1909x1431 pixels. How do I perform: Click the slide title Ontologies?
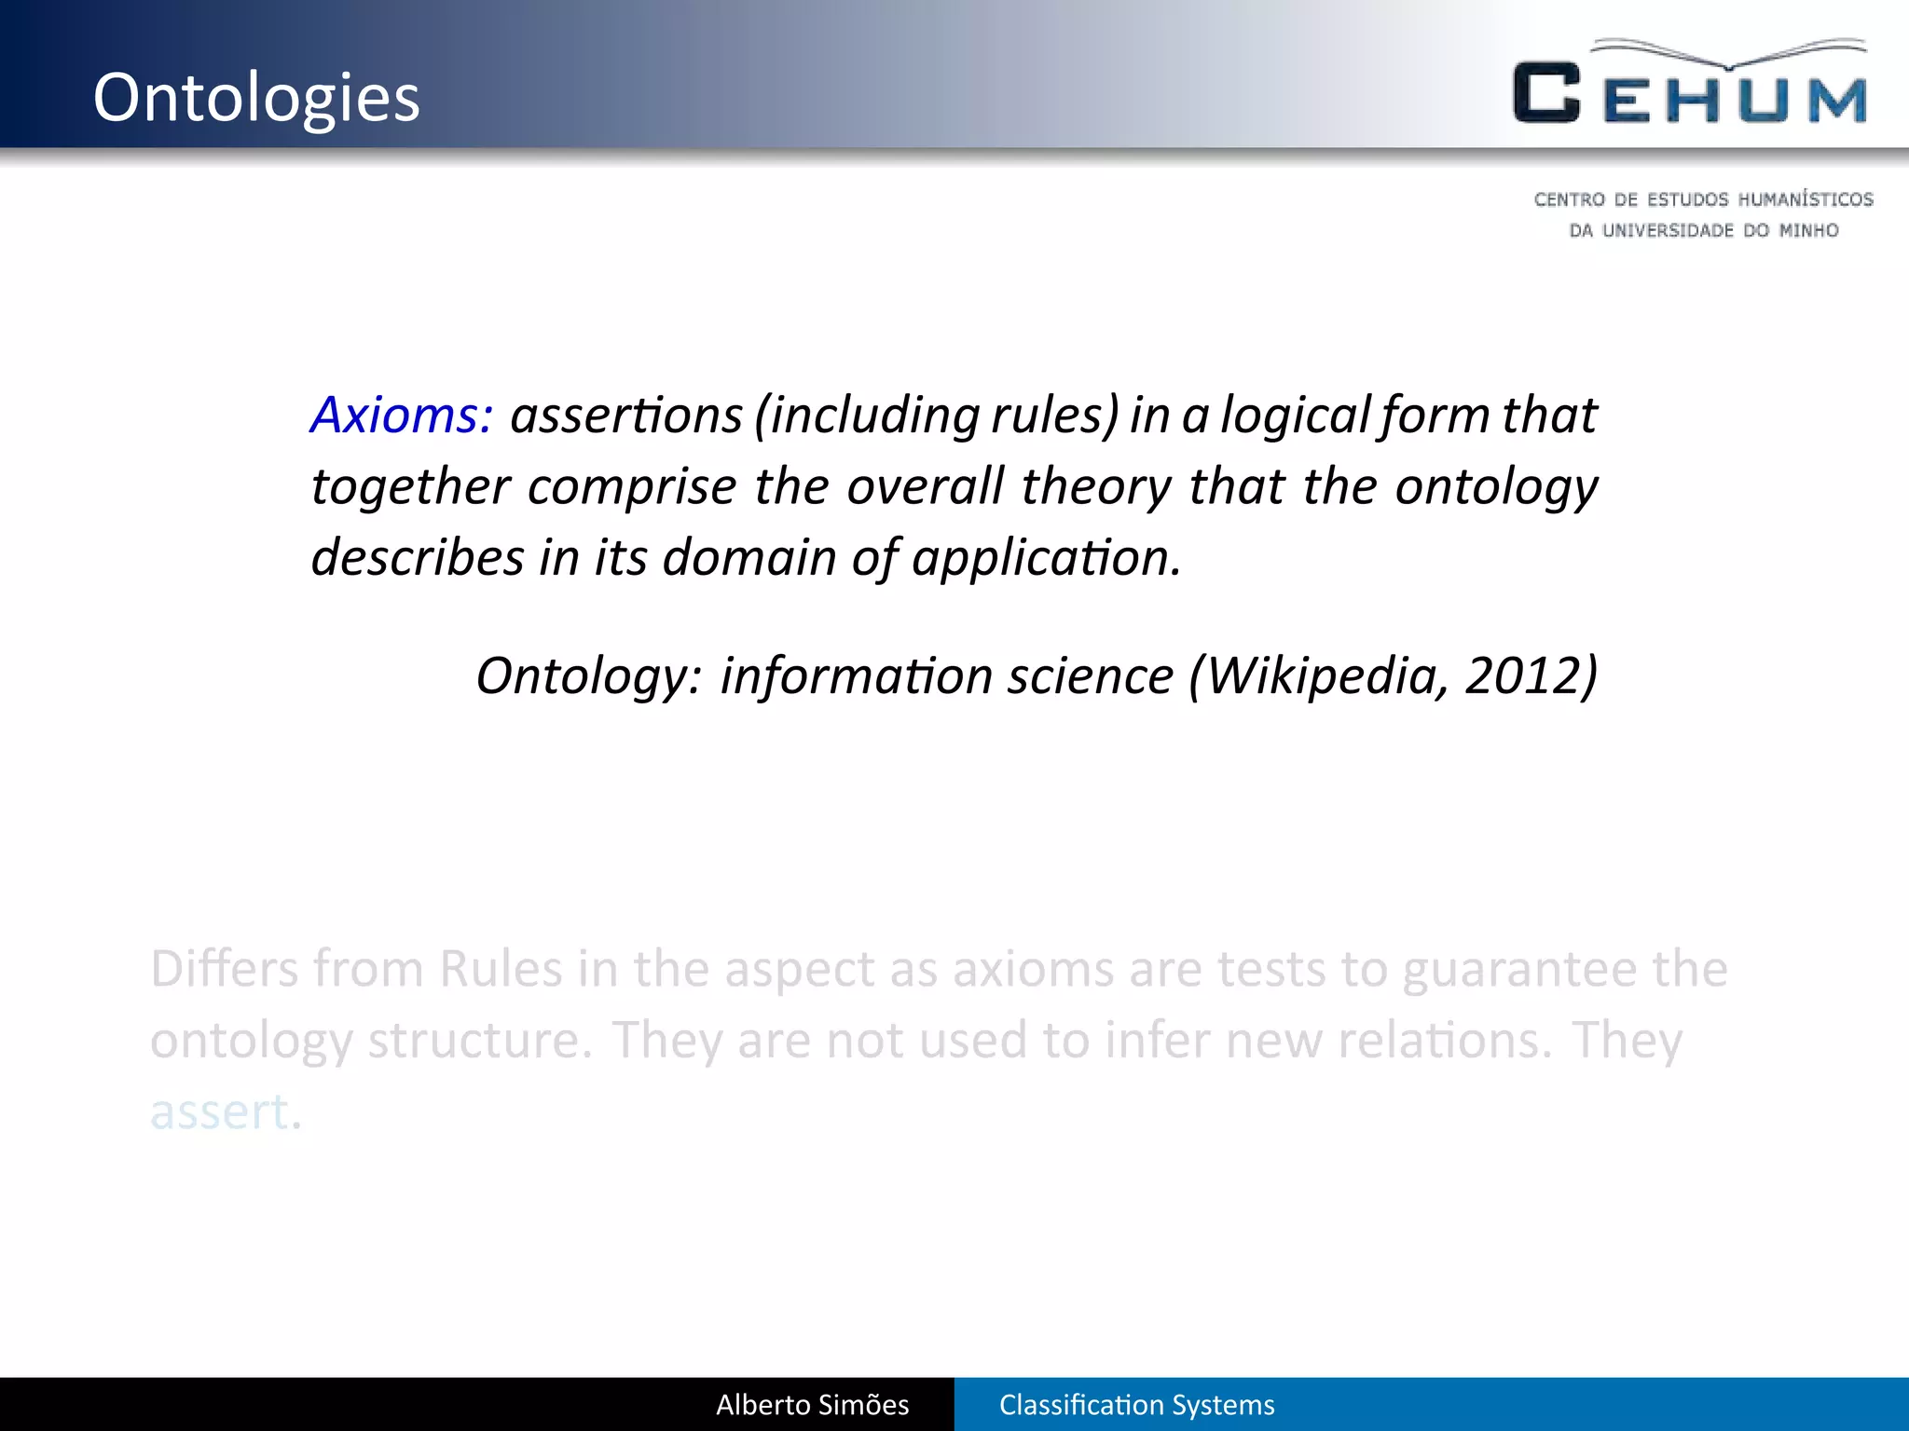(256, 98)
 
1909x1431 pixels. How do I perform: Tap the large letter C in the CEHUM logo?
(1546, 93)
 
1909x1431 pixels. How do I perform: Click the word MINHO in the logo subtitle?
(1808, 230)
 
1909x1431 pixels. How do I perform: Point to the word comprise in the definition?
(632, 486)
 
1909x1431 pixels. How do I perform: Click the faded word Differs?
(224, 969)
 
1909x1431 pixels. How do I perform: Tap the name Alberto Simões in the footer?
(812, 1405)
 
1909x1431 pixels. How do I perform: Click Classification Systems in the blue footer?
(1136, 1405)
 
